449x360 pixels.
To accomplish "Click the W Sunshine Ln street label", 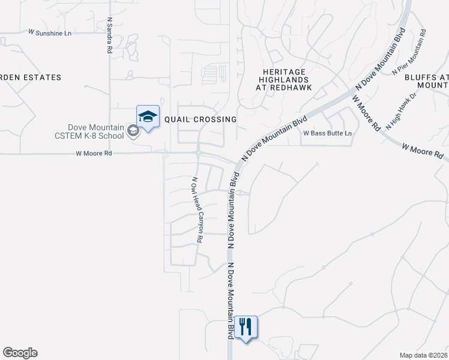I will [x=50, y=32].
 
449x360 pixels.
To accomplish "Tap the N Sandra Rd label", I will [x=109, y=35].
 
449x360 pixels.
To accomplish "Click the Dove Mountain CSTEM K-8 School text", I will [x=95, y=131].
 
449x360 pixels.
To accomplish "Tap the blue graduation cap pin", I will [x=148, y=116].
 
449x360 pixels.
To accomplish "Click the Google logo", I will [x=20, y=353].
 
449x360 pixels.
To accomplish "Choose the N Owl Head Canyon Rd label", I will [x=196, y=209].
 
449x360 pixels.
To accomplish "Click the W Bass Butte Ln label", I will [x=327, y=133].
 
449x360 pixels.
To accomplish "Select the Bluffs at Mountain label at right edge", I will [x=426, y=81].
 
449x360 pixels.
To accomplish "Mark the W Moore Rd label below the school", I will [x=94, y=153].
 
